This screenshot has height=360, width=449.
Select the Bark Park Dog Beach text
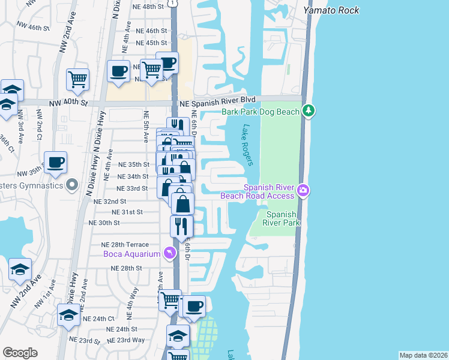(260, 111)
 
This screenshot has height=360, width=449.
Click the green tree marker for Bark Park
(309, 110)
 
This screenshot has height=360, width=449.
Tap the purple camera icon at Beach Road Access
(304, 191)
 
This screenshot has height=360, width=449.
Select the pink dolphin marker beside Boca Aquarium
(170, 253)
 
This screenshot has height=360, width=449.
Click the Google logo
(20, 353)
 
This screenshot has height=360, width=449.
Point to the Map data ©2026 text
(423, 355)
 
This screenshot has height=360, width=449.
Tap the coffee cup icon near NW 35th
(55, 162)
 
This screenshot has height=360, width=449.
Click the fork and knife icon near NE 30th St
(181, 226)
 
